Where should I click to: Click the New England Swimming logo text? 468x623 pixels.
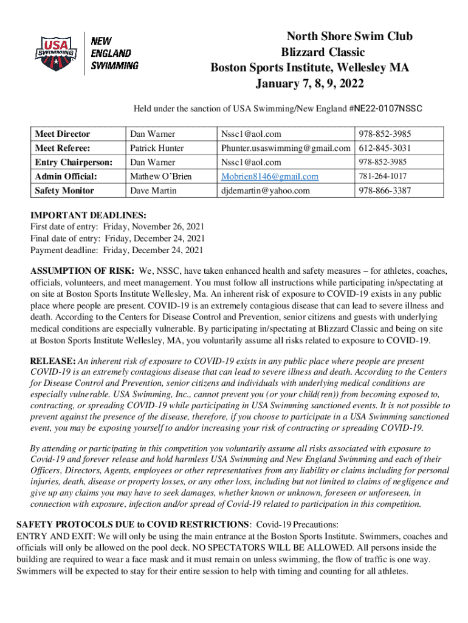click(114, 53)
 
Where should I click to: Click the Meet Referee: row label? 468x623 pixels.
click(63, 148)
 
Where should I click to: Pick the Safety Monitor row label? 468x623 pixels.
click(65, 190)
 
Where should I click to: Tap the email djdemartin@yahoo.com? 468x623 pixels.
click(265, 190)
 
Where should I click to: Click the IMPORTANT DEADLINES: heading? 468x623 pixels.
click(88, 215)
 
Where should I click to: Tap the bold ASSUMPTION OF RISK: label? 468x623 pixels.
click(83, 271)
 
